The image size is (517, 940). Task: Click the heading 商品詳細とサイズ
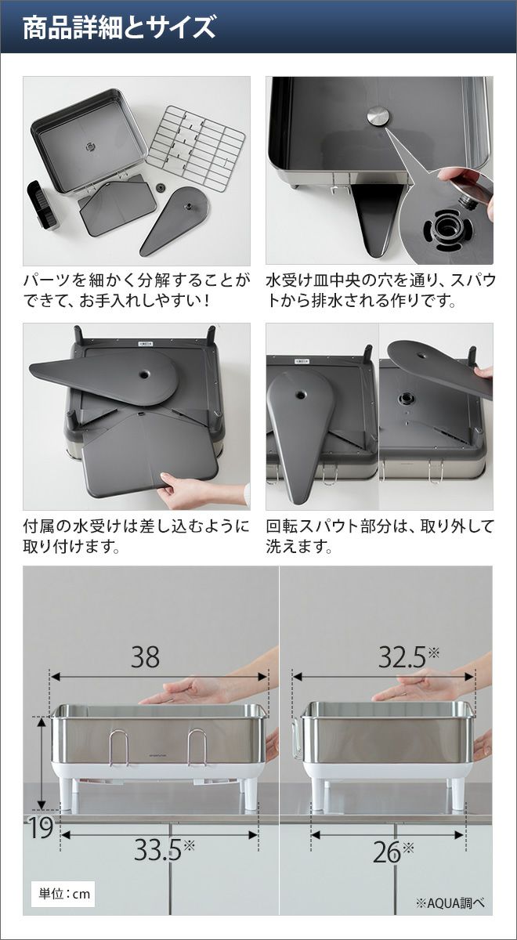[x=119, y=27]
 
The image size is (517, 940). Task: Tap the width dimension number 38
[x=145, y=656]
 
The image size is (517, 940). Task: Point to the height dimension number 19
[x=41, y=827]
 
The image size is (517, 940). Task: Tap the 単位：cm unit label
[x=63, y=894]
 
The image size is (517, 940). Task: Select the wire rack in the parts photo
[x=195, y=148]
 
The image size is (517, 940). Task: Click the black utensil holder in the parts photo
[x=44, y=205]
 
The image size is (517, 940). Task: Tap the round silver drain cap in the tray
[x=379, y=115]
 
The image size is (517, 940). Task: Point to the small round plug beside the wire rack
[x=160, y=187]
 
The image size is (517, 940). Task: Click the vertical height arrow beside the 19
[x=42, y=765]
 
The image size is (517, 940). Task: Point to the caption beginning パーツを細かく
[x=136, y=291]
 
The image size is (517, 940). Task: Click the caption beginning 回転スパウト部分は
[x=380, y=536]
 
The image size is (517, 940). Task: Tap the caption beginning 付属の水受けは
[x=136, y=536]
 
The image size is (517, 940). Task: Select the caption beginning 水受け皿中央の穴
[x=380, y=291]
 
